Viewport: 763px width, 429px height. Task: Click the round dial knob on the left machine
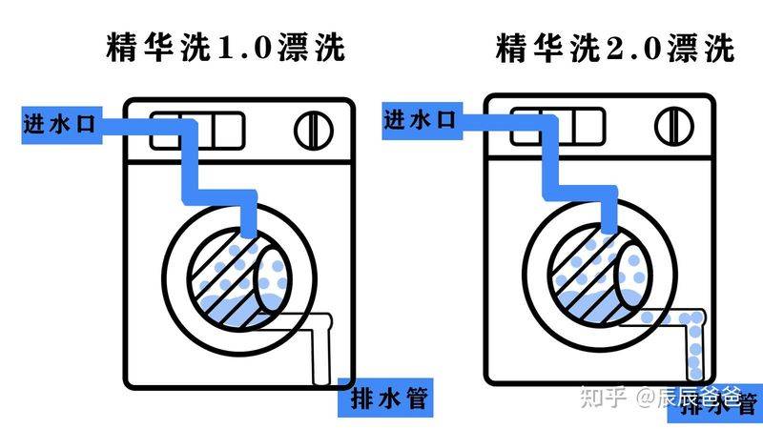(312, 129)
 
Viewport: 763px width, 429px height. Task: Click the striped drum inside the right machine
(591, 276)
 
